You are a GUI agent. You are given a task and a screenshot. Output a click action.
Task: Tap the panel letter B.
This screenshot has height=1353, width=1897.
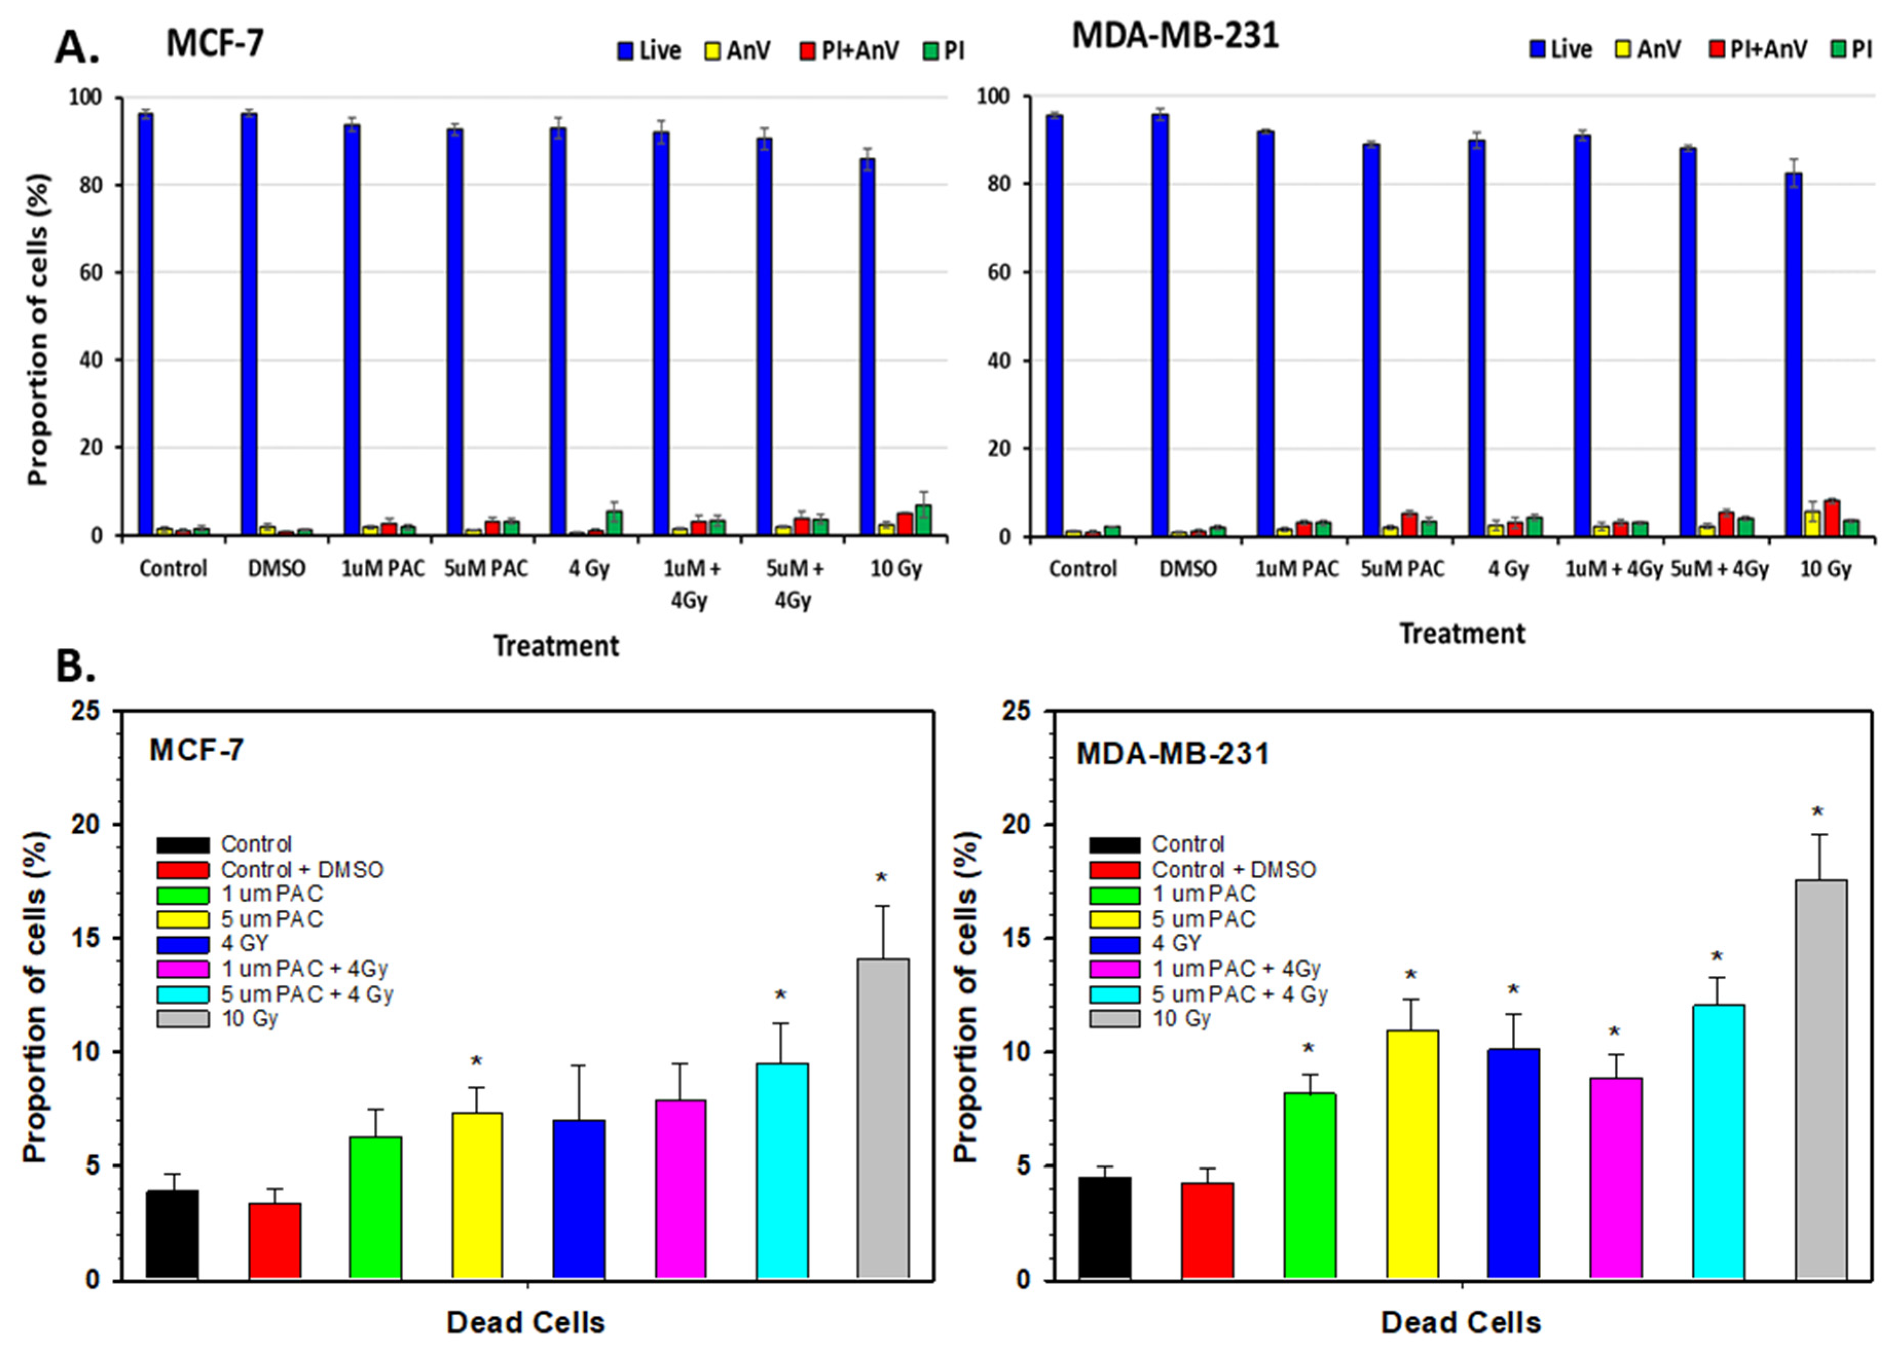75,666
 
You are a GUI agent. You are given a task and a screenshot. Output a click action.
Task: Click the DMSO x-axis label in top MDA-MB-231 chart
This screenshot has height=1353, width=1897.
1188,569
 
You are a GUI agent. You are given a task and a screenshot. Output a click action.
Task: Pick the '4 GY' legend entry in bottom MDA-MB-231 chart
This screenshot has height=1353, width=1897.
1175,943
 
